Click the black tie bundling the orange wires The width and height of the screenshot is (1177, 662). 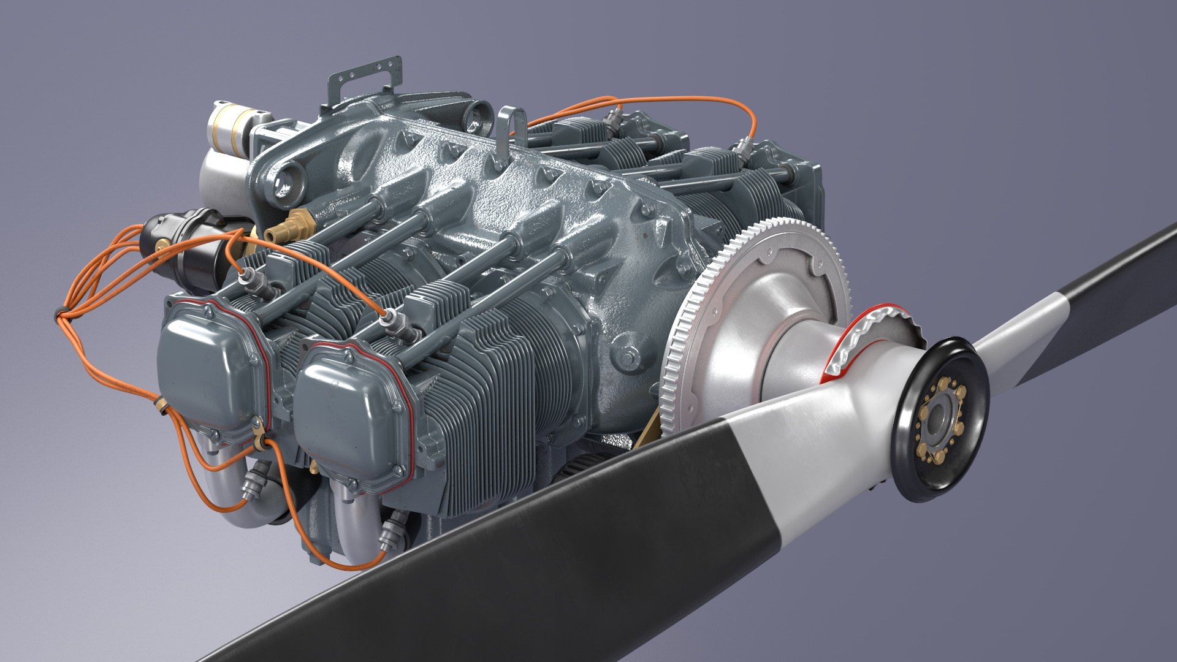pyautogui.click(x=59, y=314)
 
